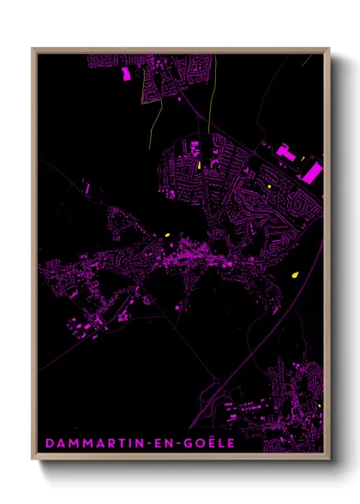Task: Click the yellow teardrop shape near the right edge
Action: point(295,274)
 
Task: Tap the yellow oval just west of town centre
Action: point(167,234)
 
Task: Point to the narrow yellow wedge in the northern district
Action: point(199,164)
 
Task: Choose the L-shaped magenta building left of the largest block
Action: point(287,152)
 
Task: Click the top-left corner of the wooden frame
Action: point(33,49)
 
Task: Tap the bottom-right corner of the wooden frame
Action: point(328,460)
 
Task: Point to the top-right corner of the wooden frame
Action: point(328,49)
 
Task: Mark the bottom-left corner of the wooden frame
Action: point(33,460)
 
